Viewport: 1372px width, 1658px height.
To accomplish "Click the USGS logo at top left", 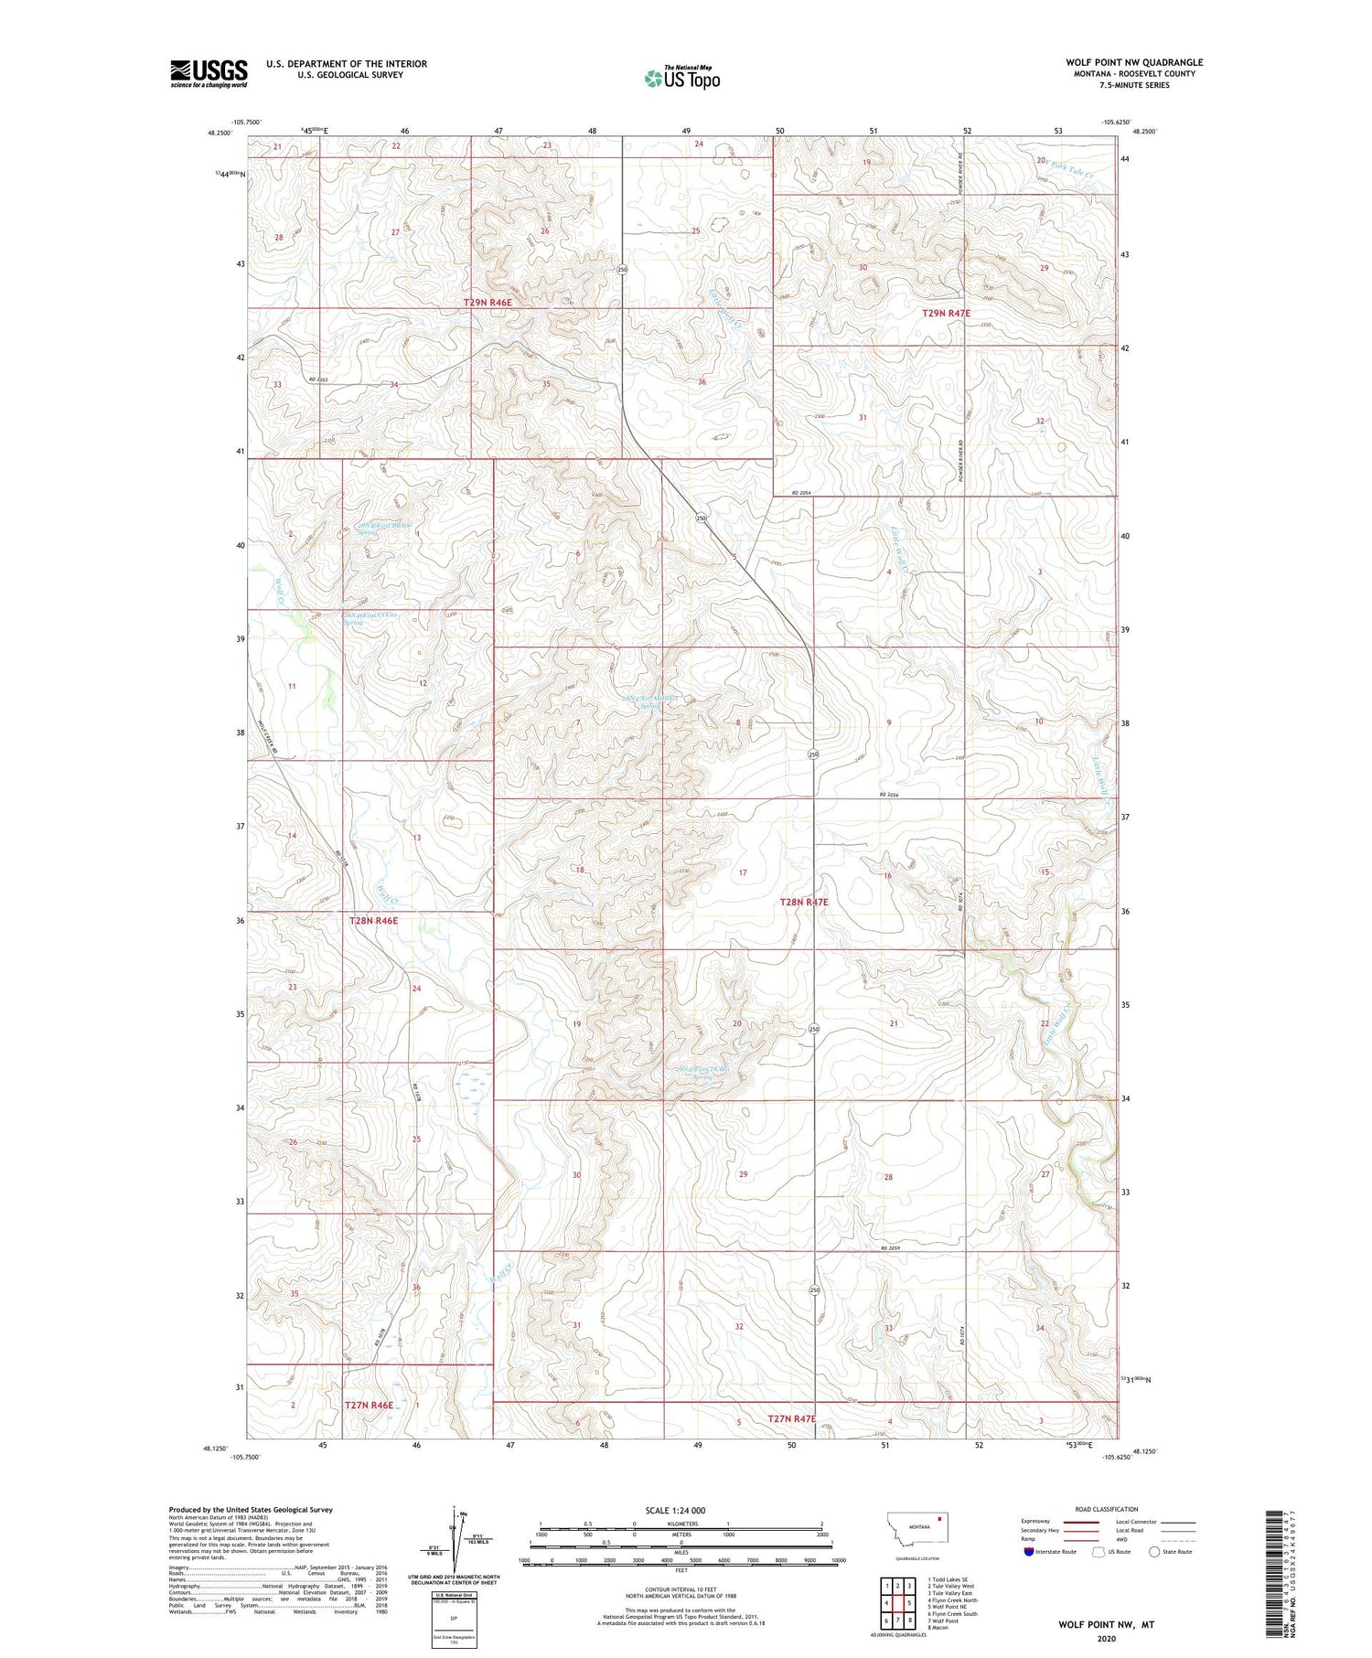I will pyautogui.click(x=209, y=72).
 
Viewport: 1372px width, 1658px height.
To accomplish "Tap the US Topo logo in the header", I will pyautogui.click(x=681, y=78).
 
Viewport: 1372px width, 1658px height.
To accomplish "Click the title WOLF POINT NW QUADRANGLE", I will pyautogui.click(x=1133, y=62).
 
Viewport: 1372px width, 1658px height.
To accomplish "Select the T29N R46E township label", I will pyautogui.click(x=488, y=302).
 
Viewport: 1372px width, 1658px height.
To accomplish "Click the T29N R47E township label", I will pyautogui.click(x=945, y=313).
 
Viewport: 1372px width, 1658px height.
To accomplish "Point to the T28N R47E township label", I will pyautogui.click(x=803, y=902).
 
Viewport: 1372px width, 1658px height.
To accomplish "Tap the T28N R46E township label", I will pyautogui.click(x=373, y=921).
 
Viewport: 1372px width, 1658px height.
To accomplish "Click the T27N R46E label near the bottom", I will pyautogui.click(x=369, y=1405).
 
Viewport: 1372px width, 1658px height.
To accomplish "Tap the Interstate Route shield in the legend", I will pyautogui.click(x=1029, y=1552).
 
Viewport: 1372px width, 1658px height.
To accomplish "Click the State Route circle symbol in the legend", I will pyautogui.click(x=1155, y=1552).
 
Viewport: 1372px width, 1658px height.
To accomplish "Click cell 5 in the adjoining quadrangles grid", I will pyautogui.click(x=909, y=1603).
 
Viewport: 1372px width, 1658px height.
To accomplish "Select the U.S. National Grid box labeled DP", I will pyautogui.click(x=454, y=1619).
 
